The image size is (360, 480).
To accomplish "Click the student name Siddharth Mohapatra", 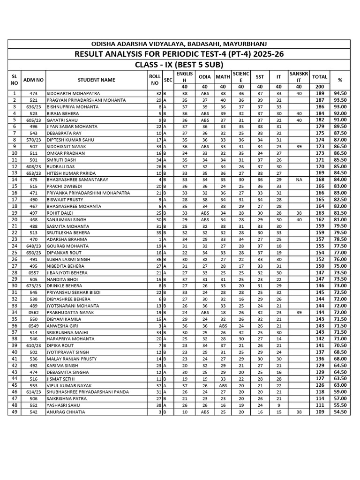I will tap(73, 94).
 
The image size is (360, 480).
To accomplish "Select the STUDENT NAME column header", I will tap(96, 80).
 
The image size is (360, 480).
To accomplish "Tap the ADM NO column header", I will tap(33, 80).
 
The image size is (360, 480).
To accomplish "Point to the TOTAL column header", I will tap(320, 76).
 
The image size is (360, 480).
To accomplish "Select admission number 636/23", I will tap(33, 107).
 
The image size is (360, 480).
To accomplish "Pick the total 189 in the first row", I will tap(320, 94).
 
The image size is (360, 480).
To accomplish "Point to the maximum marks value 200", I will tap(320, 87).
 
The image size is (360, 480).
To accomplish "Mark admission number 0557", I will tap(33, 272).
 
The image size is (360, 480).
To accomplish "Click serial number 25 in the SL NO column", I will tap(14, 253).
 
